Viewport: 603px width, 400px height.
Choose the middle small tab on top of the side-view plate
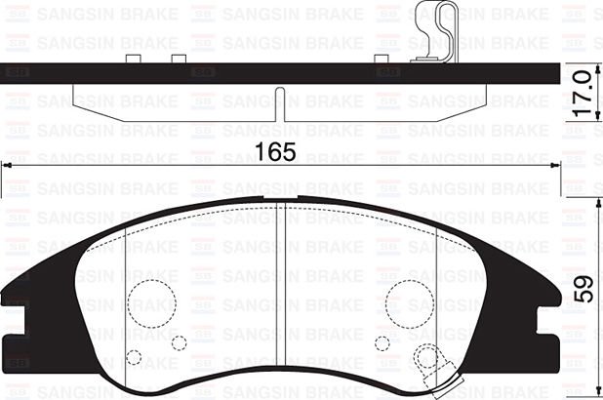point(178,60)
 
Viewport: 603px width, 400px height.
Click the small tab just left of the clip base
point(383,60)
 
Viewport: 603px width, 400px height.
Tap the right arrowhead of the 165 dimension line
point(558,168)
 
